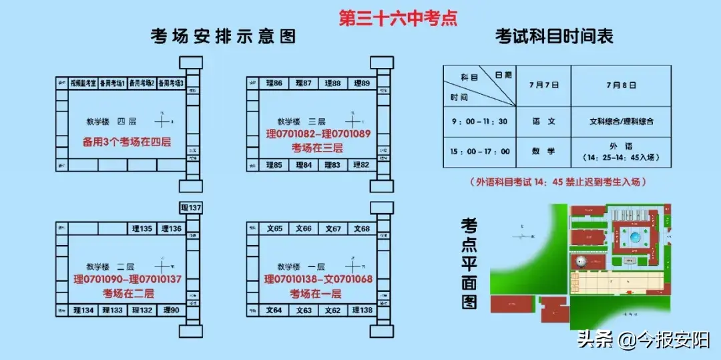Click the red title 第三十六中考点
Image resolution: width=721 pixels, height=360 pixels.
pyautogui.click(x=398, y=17)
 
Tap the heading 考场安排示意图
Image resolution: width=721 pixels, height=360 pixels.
pyautogui.click(x=223, y=36)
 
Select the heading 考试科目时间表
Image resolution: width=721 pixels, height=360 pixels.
pyautogui.click(x=553, y=36)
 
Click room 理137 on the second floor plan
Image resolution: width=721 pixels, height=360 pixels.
pyautogui.click(x=190, y=208)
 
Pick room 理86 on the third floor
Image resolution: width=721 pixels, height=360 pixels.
pyautogui.click(x=274, y=83)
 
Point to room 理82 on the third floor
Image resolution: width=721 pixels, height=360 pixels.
pyautogui.click(x=361, y=164)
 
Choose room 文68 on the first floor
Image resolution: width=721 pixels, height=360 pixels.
pyautogui.click(x=361, y=229)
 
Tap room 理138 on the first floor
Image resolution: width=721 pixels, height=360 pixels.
pyautogui.click(x=361, y=310)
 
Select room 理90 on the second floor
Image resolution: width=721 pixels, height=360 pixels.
pyautogui.click(x=172, y=310)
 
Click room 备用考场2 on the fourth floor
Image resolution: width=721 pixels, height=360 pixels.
pyautogui.click(x=142, y=83)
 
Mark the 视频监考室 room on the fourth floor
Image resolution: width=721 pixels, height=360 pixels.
pyautogui.click(x=83, y=83)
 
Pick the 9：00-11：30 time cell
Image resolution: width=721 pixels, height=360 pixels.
pyautogui.click(x=479, y=122)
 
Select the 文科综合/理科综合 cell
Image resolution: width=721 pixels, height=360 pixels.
pyautogui.click(x=622, y=122)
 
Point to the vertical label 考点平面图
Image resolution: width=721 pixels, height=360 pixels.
pyautogui.click(x=469, y=263)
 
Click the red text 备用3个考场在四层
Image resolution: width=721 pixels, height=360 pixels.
pyautogui.click(x=126, y=142)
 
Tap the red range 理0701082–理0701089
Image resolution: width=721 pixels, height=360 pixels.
pyautogui.click(x=317, y=134)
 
